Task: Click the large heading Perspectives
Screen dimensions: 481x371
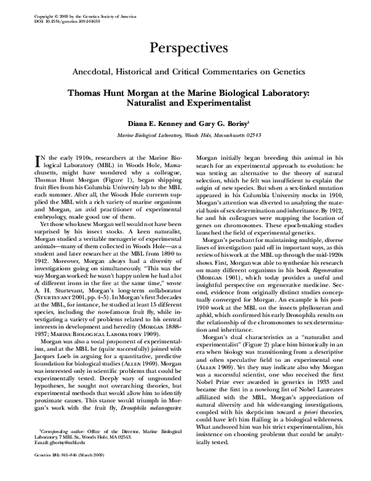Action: [x=185, y=47]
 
